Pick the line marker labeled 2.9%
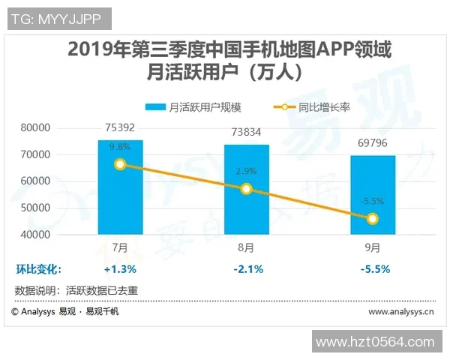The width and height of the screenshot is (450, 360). (247, 189)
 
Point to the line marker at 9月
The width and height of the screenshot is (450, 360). (373, 218)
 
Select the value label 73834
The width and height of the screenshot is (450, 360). (247, 130)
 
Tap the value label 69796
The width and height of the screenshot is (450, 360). (373, 141)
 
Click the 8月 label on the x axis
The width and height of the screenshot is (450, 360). (247, 247)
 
